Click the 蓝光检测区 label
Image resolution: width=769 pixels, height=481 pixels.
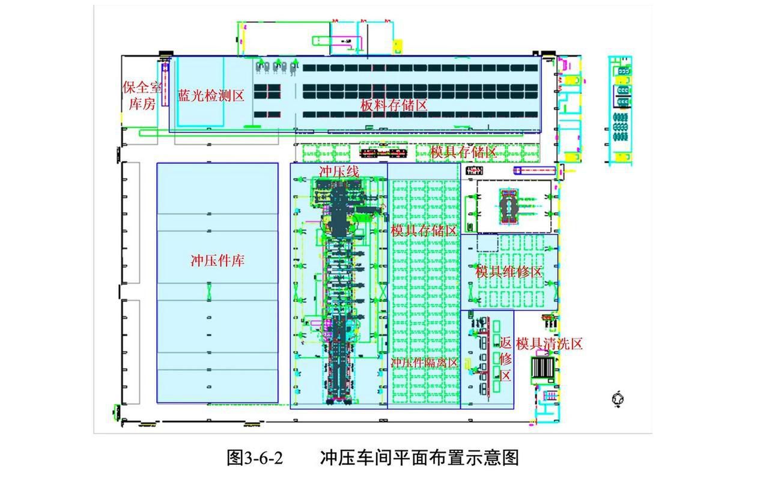(211, 96)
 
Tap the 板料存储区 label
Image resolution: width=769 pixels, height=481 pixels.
(394, 105)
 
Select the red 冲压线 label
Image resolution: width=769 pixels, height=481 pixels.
(339, 171)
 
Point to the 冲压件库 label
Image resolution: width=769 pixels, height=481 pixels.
(217, 261)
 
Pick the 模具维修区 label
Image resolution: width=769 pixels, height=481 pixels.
(509, 272)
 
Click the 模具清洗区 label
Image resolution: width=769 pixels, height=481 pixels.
(549, 344)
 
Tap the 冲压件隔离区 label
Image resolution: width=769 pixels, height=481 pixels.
(424, 363)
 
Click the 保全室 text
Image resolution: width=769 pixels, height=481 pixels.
(142, 88)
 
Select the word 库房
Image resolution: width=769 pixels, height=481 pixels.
(142, 104)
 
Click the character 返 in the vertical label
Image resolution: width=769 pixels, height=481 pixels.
(506, 343)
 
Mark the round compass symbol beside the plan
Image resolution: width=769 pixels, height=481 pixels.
(618, 398)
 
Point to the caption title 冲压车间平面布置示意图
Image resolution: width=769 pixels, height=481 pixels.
(419, 458)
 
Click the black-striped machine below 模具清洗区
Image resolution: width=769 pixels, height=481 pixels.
(543, 368)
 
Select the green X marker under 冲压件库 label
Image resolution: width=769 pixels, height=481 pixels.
(210, 292)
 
